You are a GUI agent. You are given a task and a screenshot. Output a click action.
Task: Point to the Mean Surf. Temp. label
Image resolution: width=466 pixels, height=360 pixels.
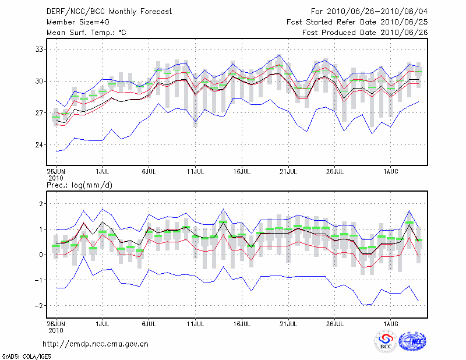[86, 32]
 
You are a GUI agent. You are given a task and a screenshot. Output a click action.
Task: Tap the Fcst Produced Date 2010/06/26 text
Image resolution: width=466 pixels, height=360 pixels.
[365, 32]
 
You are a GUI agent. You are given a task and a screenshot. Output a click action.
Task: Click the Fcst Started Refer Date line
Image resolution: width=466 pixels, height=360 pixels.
[357, 22]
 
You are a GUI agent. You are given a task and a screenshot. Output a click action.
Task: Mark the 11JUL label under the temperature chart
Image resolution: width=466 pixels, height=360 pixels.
[196, 172]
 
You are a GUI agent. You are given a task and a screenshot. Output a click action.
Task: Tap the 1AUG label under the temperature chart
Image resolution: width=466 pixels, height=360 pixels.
[391, 172]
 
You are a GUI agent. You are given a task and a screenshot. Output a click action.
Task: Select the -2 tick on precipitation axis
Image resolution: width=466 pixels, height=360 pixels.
[40, 306]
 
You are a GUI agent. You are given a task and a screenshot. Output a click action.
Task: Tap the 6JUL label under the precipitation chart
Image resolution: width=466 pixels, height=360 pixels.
[149, 322]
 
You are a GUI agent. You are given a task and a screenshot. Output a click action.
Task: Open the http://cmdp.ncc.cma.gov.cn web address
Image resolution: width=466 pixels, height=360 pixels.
[96, 344]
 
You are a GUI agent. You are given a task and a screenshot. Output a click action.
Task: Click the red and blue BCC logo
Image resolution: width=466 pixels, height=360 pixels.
[386, 341]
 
